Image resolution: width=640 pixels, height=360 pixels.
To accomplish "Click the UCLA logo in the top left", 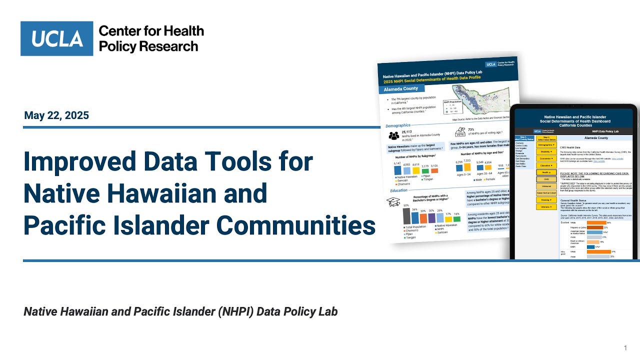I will [56, 38].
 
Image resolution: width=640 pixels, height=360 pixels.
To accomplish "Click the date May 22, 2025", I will [56, 115].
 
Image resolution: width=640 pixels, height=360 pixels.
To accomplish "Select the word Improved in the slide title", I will [80, 162].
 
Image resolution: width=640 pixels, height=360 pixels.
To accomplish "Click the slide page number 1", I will [625, 347].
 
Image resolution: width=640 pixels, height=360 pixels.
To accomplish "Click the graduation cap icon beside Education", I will [393, 201].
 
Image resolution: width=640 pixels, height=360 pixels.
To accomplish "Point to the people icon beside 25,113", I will [394, 135].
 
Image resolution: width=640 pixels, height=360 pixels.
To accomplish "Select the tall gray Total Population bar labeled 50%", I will [406, 216].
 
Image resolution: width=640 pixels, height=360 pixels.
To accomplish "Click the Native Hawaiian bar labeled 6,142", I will [397, 170].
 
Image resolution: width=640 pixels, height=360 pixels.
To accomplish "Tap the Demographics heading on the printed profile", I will [398, 125].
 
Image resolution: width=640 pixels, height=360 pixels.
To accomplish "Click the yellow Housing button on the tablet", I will [546, 199].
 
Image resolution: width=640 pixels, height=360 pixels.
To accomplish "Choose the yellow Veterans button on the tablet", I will [546, 206].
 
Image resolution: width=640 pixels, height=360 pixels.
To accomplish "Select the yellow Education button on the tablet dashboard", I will [546, 165].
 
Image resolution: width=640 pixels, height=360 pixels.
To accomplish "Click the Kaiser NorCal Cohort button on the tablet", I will [546, 192].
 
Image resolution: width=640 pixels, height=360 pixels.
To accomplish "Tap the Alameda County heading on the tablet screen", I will [596, 138].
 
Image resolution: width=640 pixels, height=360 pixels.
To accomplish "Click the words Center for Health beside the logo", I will [151, 31].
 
